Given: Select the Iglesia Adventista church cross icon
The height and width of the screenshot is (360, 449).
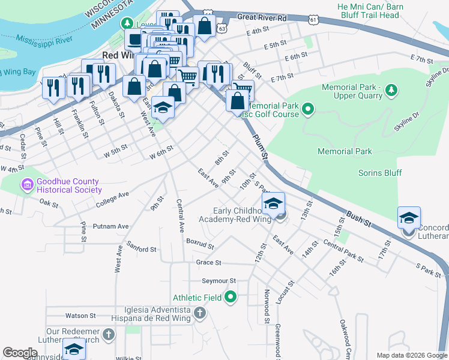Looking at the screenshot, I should (200, 313).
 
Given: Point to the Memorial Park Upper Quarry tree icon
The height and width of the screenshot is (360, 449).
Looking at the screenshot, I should (391, 91).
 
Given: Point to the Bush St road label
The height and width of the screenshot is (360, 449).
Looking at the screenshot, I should (358, 220).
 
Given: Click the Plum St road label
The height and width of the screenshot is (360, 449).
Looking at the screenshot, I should (259, 146).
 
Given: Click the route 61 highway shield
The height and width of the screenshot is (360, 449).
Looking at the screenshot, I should (313, 20).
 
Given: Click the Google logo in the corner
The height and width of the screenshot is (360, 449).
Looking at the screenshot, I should (20, 352).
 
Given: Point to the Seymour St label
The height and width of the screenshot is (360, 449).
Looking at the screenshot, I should (219, 280).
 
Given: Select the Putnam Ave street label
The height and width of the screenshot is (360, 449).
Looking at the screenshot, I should (111, 227).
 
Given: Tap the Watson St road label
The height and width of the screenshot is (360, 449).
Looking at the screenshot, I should (80, 315).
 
